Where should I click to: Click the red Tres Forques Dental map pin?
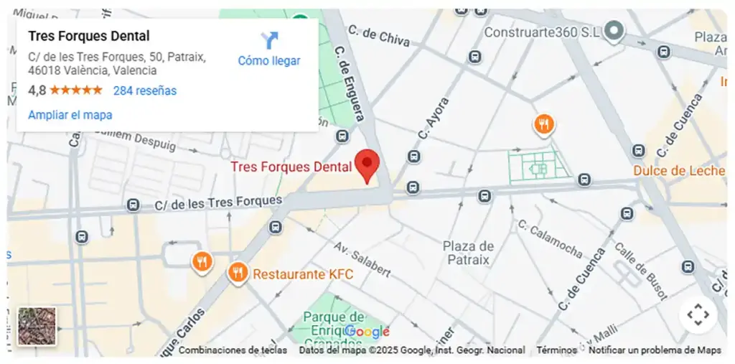pos(367,165)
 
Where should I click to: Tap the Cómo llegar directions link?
pos(269,60)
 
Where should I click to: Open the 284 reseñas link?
pos(144,90)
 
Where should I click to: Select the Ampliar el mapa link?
pos(70,115)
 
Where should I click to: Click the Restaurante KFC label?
pos(303,274)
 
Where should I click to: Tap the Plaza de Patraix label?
pos(468,253)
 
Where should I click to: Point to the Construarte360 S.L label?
pos(540,32)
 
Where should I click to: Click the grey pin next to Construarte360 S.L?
pos(613,30)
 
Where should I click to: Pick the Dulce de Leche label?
pos(678,171)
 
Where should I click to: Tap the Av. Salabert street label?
pos(362,259)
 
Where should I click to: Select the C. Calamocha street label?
pos(550,240)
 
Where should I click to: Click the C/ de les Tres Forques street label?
pos(218,203)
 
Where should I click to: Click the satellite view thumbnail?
pos(37,326)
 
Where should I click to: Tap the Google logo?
pos(367,332)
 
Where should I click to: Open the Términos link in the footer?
pos(556,350)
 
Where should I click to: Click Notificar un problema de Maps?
pos(655,350)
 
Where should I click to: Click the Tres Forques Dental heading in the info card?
pos(89,36)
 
